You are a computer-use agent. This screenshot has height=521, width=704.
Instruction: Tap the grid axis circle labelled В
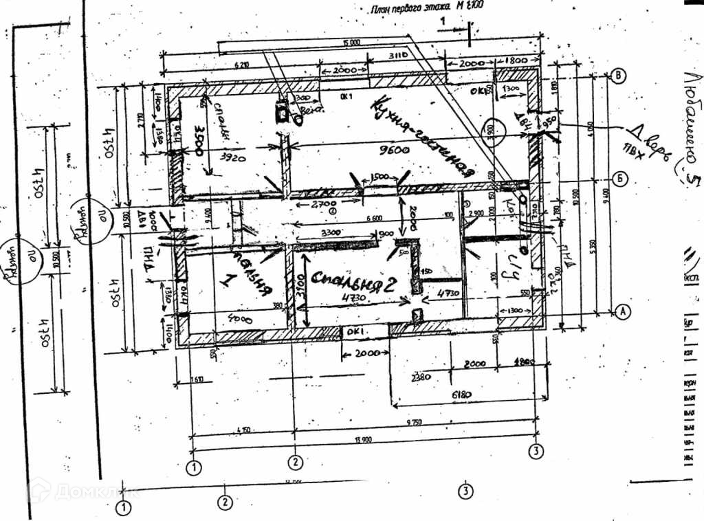619,76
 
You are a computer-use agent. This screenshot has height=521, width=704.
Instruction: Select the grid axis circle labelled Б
620,179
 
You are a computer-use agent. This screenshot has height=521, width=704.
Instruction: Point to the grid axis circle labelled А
621,311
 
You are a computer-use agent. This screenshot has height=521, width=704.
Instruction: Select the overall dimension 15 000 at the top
351,44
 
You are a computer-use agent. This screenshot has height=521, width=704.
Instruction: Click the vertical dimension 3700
300,291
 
